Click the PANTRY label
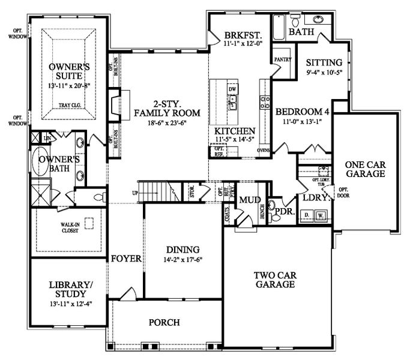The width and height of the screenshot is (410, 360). tap(282, 59)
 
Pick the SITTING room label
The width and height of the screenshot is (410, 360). tap(324, 62)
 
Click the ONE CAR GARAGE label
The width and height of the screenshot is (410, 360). tap(364, 168)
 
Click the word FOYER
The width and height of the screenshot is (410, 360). tap(125, 259)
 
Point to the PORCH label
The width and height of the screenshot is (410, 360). tap(164, 323)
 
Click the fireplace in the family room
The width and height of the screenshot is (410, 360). tap(115, 101)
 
